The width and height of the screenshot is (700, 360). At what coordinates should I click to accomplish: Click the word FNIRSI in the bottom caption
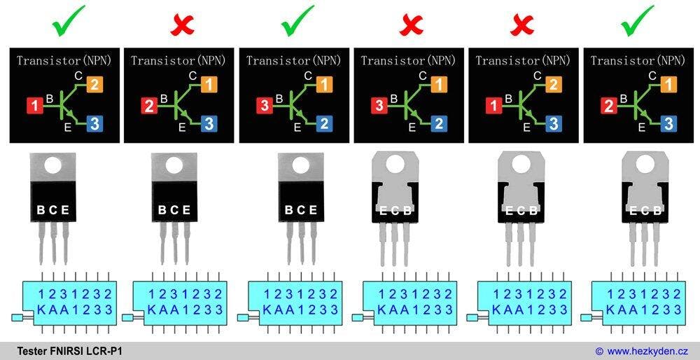click(65, 350)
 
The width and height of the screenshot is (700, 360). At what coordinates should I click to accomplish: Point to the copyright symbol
click(599, 350)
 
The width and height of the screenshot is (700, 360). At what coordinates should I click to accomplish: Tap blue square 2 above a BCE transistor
click(323, 124)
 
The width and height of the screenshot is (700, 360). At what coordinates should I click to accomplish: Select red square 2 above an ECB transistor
click(608, 106)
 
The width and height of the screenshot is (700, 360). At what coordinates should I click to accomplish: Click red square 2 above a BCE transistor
click(149, 106)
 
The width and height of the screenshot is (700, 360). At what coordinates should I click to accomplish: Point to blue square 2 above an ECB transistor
click(438, 124)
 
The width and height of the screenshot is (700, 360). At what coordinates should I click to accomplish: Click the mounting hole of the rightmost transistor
click(638, 165)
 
